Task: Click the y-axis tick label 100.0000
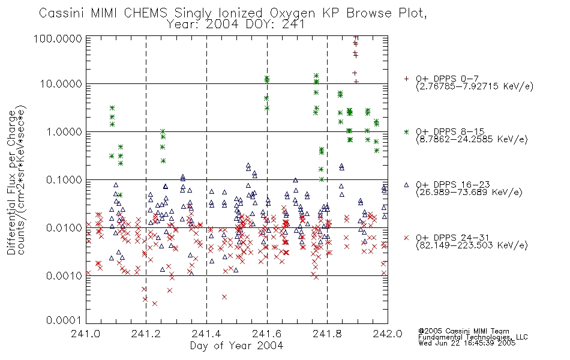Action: click(58, 38)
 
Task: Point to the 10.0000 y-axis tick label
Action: click(61, 84)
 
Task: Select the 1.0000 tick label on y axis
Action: click(64, 131)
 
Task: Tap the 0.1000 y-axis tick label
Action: click(64, 179)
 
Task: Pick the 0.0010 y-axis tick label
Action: click(64, 275)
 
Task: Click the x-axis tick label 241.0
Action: click(85, 334)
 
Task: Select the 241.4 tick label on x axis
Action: click(206, 334)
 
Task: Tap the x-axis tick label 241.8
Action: click(327, 334)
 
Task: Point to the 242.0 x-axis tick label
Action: click(388, 334)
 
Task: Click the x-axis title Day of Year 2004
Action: click(236, 346)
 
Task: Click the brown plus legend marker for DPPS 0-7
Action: click(406, 79)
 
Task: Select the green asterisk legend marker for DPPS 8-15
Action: click(406, 131)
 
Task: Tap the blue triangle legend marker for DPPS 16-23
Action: click(406, 185)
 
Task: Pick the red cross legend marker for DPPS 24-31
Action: click(406, 238)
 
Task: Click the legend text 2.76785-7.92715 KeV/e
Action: click(475, 86)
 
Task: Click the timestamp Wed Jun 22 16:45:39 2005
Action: click(467, 343)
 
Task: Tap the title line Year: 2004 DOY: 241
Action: click(236, 25)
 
